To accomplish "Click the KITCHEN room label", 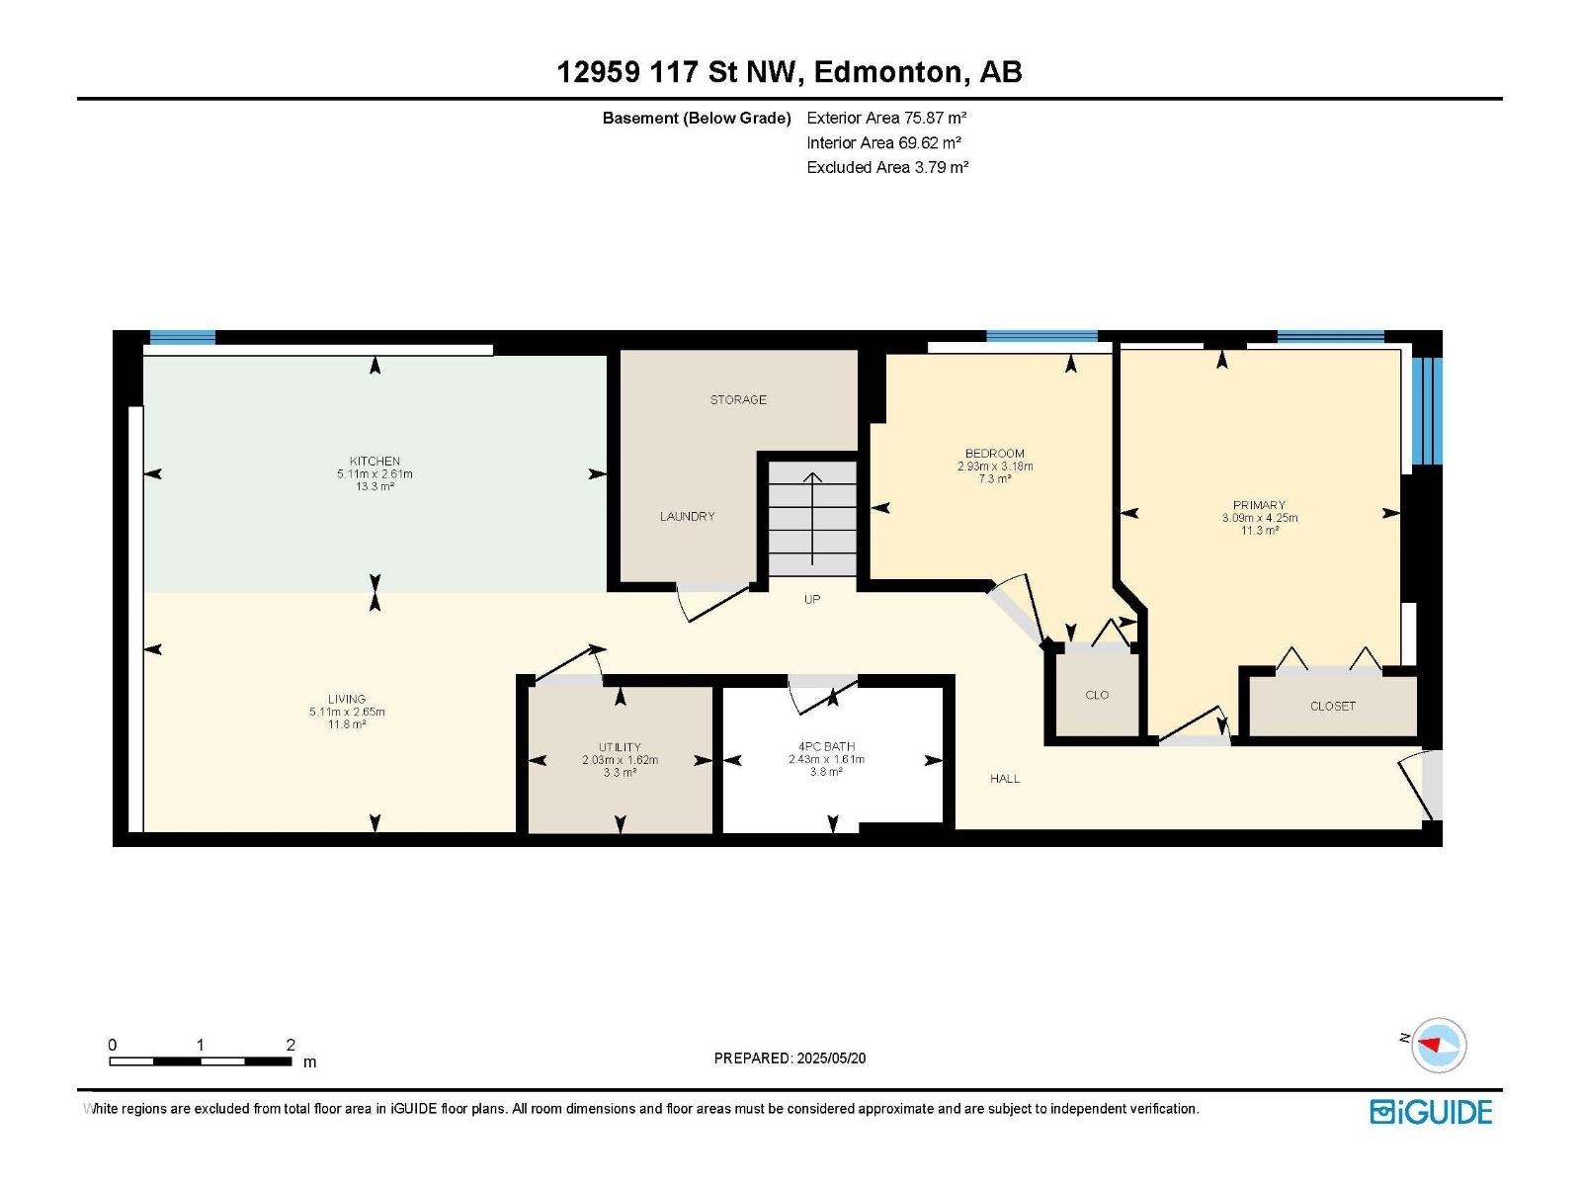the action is [374, 461].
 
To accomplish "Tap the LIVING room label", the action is [347, 699].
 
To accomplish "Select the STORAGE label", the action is [738, 399].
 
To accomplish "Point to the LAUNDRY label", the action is [687, 516].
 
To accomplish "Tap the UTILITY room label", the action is [620, 747].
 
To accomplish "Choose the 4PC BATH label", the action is [826, 747].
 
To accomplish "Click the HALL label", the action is [1005, 779].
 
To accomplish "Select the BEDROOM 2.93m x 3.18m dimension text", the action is [995, 466].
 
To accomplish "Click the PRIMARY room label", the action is [1259, 505].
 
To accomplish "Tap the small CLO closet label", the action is [1096, 695].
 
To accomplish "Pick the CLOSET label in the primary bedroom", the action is [1333, 707].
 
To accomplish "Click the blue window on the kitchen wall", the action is [182, 337].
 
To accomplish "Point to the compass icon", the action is [1438, 1045].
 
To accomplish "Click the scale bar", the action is [201, 1060].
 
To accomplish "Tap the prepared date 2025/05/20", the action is [830, 1058].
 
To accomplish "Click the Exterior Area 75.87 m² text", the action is [886, 118].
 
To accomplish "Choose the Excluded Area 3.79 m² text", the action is [887, 167].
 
